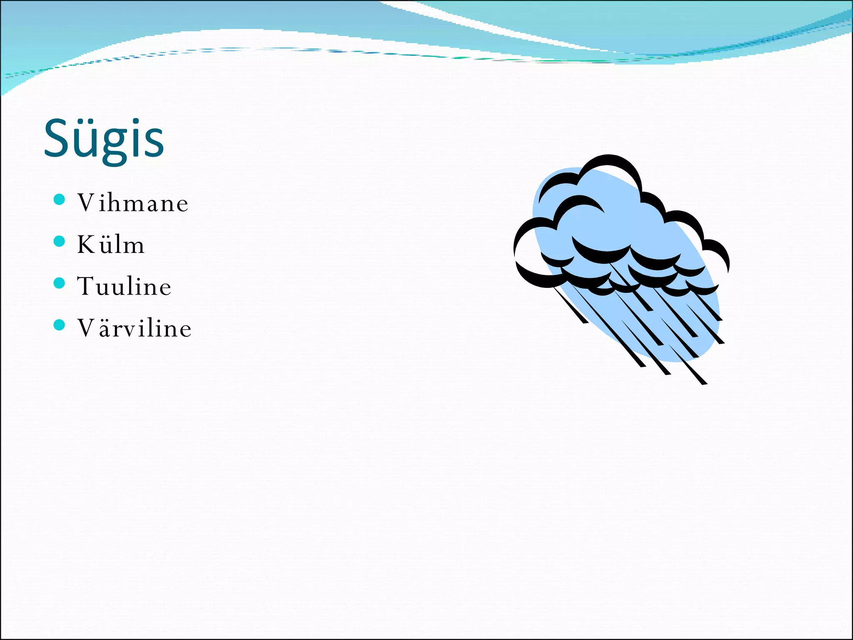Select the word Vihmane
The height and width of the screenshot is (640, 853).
point(133,203)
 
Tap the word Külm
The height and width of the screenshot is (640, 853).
point(111,245)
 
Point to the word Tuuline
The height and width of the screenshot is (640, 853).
point(124,286)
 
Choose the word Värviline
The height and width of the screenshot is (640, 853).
point(134,328)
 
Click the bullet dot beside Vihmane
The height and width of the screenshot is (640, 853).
point(60,200)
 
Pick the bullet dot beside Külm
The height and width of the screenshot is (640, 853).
point(60,241)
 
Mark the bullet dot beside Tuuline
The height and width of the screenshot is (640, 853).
point(60,283)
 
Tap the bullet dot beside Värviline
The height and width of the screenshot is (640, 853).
point(60,325)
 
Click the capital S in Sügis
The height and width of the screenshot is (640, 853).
point(56,138)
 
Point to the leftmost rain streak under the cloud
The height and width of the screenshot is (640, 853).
point(571,305)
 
